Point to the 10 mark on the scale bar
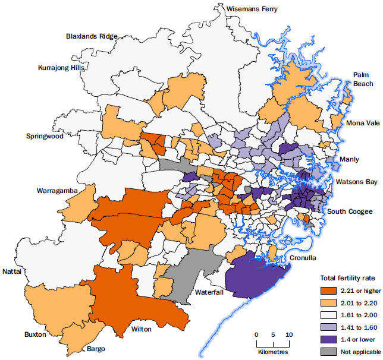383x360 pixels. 289,334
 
